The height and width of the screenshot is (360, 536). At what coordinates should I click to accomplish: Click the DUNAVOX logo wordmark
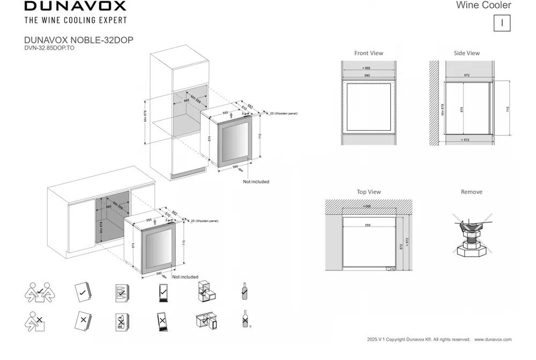click(75, 6)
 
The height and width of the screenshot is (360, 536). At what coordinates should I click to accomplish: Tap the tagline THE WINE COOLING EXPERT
click(76, 20)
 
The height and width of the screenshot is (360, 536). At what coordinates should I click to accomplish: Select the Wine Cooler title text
click(483, 5)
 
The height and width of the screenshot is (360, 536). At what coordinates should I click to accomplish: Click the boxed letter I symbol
click(502, 23)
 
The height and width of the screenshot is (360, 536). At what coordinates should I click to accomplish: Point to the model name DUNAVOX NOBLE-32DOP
click(79, 40)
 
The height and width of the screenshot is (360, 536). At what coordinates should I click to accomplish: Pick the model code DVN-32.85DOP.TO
click(49, 47)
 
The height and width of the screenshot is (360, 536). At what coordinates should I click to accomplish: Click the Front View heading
click(369, 53)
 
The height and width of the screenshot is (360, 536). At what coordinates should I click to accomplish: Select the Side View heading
click(466, 53)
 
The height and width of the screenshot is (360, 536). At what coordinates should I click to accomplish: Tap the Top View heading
click(369, 192)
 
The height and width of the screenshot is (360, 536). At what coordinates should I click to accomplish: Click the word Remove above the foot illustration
click(472, 192)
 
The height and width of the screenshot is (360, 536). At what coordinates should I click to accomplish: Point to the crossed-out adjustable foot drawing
click(472, 235)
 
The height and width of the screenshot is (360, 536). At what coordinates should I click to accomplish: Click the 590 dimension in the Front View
click(367, 76)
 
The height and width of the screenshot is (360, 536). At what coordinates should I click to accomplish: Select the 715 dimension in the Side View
click(508, 109)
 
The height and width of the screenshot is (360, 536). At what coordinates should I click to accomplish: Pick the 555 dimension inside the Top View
click(367, 226)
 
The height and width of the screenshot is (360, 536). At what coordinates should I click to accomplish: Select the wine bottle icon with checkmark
click(244, 291)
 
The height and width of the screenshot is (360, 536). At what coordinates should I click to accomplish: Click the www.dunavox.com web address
click(493, 340)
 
